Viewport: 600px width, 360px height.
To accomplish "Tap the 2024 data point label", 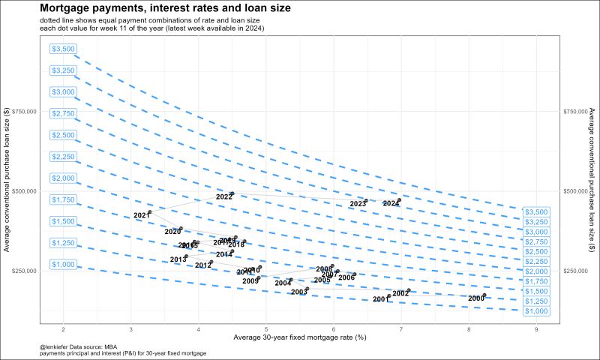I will pyautogui.click(x=391, y=203).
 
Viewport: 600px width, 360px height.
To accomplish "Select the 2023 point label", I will pyautogui.click(x=358, y=204).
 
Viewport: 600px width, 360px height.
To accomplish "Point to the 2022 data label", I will pyautogui.click(x=223, y=196).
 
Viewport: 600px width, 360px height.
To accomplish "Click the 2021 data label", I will pyautogui.click(x=142, y=216).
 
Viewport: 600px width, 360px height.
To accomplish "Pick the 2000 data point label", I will pyautogui.click(x=476, y=298).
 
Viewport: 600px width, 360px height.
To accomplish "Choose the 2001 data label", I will pyautogui.click(x=381, y=299).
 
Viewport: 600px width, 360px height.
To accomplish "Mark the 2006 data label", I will pyautogui.click(x=346, y=277).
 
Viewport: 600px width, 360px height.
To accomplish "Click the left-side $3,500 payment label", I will pyautogui.click(x=64, y=49).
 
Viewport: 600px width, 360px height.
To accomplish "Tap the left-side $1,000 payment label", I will pyautogui.click(x=64, y=264).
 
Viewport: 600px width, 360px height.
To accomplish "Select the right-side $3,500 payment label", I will pyautogui.click(x=536, y=212).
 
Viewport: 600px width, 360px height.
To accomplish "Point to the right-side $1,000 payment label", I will pyautogui.click(x=536, y=311).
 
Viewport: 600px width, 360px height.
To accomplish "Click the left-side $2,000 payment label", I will pyautogui.click(x=64, y=178).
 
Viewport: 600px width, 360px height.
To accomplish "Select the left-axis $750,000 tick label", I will pyautogui.click(x=25, y=111).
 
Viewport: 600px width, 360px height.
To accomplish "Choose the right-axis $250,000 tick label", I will pyautogui.click(x=576, y=271).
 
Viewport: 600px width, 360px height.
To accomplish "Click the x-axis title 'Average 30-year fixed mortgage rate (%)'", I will pyautogui.click(x=300, y=339).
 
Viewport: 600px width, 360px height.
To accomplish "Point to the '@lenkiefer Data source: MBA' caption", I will pyautogui.click(x=79, y=347).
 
